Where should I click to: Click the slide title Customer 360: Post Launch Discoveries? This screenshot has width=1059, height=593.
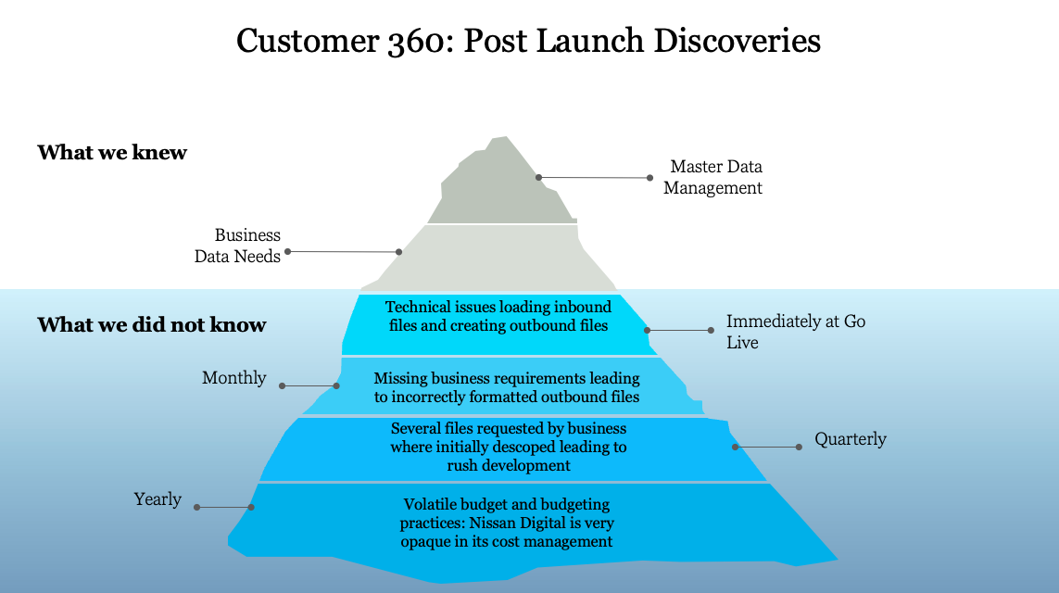coord(528,42)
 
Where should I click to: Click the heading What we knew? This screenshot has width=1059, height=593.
coord(112,152)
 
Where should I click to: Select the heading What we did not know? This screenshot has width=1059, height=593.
coord(152,325)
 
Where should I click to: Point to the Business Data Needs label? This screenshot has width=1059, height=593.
coord(237,246)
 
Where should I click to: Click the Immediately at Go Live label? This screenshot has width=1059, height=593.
coord(795,332)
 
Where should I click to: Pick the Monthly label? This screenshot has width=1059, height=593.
coord(234,378)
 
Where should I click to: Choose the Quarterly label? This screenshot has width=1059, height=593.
coord(850,439)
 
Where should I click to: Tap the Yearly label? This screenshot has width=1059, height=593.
coord(158,499)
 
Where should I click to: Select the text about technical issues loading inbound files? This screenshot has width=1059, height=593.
coord(498,316)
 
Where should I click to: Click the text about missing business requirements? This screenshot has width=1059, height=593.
coord(506,387)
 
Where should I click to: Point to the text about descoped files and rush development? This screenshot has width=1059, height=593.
coord(508,447)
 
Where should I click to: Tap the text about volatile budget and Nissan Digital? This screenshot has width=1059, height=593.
coord(508,523)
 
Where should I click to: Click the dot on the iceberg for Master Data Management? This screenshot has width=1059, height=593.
coord(538,177)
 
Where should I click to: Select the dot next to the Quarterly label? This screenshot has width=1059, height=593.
coord(800,448)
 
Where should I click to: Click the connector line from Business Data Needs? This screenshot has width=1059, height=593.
coord(343,251)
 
